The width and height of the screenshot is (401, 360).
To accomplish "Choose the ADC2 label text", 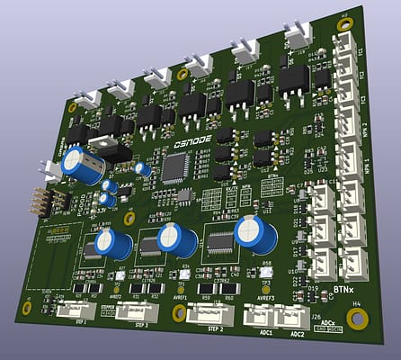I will click(297, 334).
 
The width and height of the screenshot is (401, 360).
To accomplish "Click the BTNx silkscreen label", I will click(343, 290).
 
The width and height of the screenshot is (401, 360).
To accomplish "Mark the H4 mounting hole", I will click(358, 319).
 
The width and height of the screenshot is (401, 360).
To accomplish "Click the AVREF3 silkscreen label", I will click(265, 296).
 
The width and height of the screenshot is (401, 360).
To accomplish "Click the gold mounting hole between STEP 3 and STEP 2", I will click(178, 312).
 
